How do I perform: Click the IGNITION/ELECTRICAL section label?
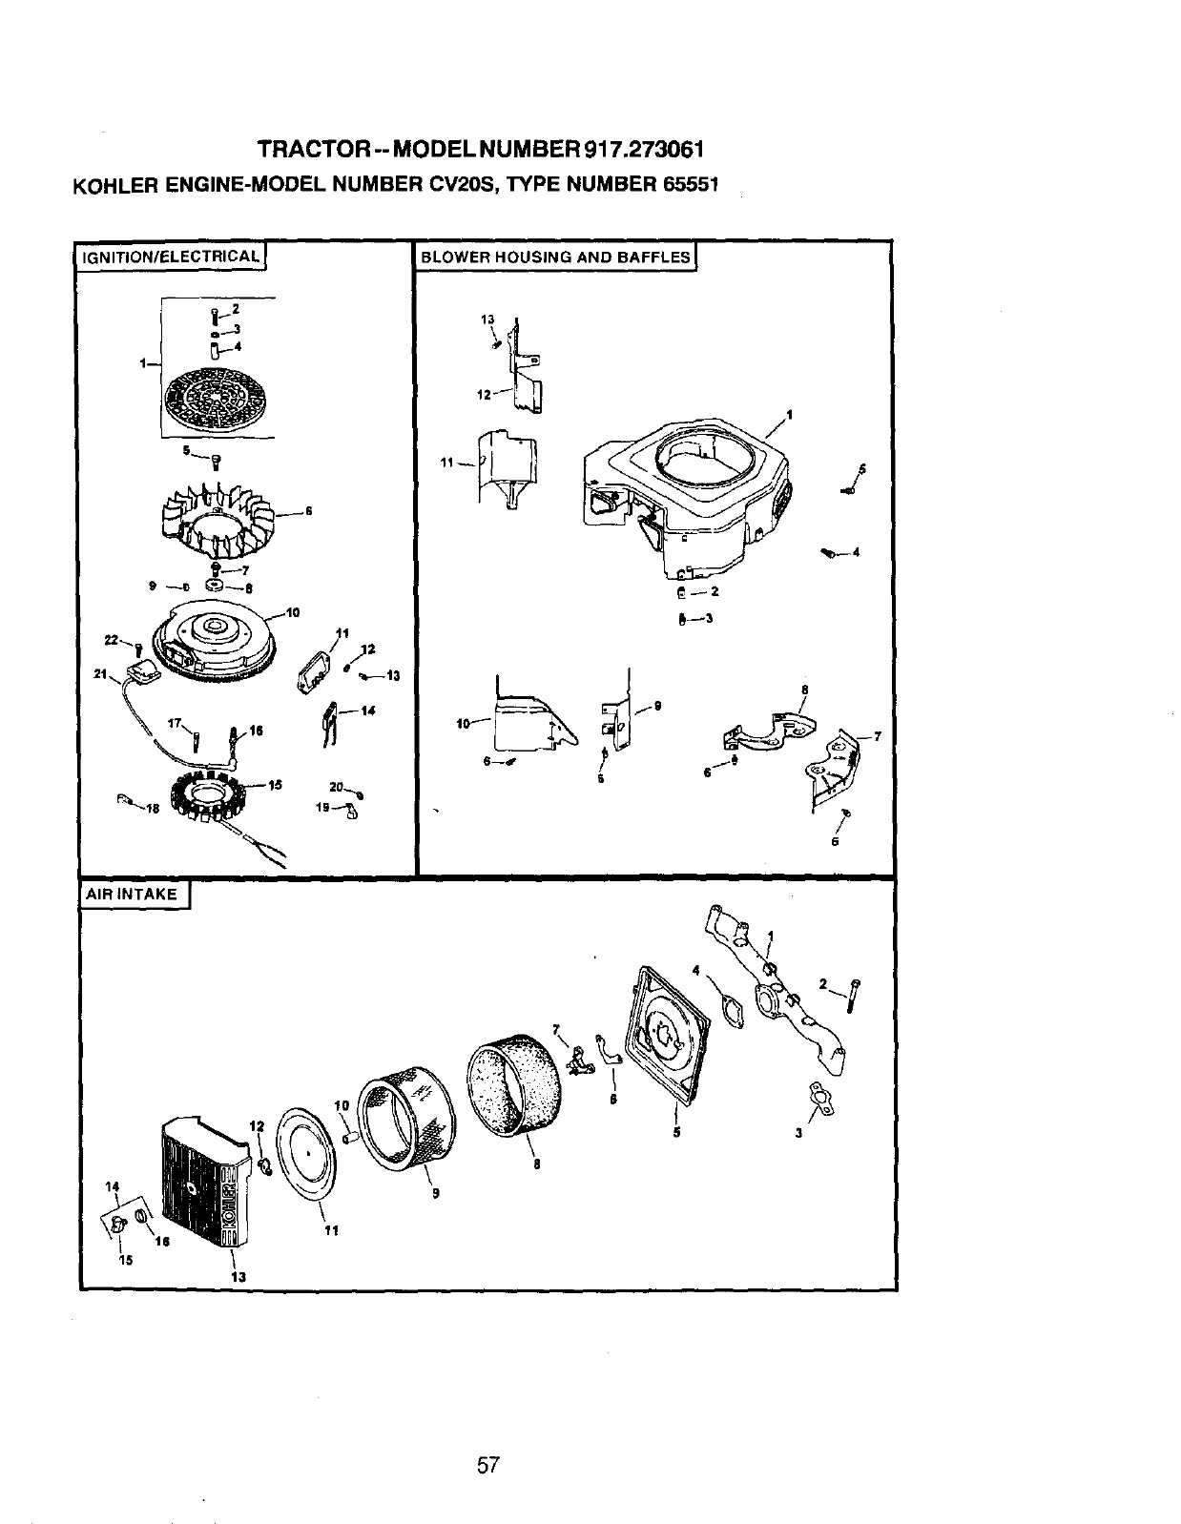(x=171, y=257)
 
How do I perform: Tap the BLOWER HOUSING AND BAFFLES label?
(x=555, y=257)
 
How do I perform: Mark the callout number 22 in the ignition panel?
(x=112, y=640)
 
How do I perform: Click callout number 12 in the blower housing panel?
(x=484, y=395)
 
